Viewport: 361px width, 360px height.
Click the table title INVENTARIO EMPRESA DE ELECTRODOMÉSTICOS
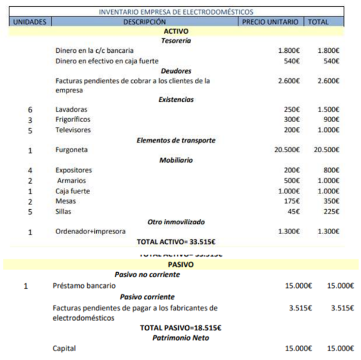[x=176, y=12]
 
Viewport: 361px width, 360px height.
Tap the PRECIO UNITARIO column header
[x=270, y=22]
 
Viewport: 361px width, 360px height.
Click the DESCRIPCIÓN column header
[x=144, y=22]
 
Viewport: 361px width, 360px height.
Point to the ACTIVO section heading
[x=176, y=31]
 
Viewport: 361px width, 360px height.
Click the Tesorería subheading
[x=176, y=41]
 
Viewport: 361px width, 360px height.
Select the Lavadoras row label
[x=71, y=110]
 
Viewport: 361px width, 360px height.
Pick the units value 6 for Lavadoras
[x=30, y=110]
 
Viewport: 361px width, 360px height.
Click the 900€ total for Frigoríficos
[x=331, y=120]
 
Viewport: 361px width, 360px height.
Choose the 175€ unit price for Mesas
[x=291, y=201]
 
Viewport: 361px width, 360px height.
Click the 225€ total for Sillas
[x=331, y=212]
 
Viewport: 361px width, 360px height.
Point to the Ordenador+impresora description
[x=90, y=232]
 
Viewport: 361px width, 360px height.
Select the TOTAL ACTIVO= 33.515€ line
[x=176, y=241]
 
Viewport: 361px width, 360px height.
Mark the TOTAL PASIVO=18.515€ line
[x=180, y=328]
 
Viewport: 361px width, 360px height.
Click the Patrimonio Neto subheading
[x=180, y=338]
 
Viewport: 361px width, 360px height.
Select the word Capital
[x=64, y=348]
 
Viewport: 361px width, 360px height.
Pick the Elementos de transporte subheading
[x=176, y=140]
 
